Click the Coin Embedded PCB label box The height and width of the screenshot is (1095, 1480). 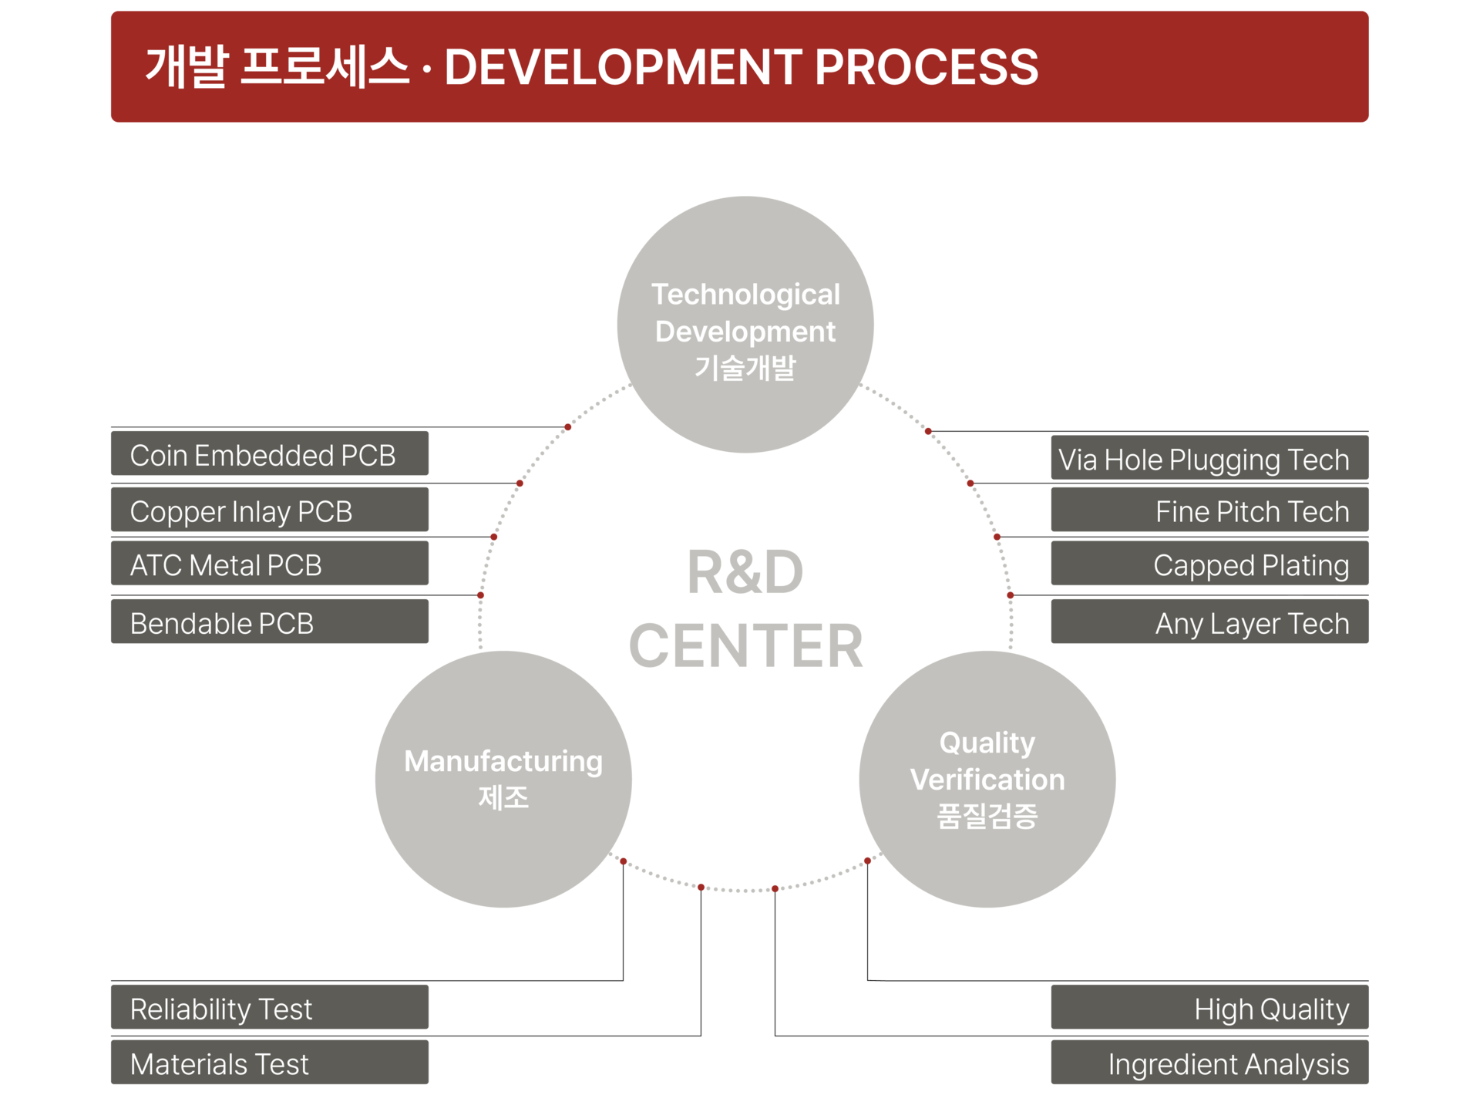(x=270, y=453)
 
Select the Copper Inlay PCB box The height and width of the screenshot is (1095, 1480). (x=270, y=510)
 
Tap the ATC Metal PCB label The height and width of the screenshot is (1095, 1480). (x=270, y=564)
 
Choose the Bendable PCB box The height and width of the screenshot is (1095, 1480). (x=270, y=622)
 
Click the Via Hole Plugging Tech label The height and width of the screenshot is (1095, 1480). (x=1209, y=458)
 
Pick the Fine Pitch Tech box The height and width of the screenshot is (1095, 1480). (x=1209, y=510)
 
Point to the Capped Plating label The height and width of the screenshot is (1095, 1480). (x=1209, y=564)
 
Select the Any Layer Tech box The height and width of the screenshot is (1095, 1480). (x=1209, y=622)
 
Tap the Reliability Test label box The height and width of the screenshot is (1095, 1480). (x=270, y=1007)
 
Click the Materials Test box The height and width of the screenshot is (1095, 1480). (x=270, y=1063)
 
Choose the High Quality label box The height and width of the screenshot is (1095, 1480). (x=1209, y=1007)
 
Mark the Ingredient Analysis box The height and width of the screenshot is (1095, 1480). (x=1209, y=1063)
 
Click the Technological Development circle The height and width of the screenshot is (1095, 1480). (x=745, y=325)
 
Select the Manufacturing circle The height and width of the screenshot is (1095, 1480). (x=503, y=780)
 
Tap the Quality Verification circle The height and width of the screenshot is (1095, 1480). (x=987, y=780)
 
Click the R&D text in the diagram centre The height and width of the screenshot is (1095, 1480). (x=745, y=572)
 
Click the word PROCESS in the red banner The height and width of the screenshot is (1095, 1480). (x=927, y=67)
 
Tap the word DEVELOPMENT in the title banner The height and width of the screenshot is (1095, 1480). (x=623, y=67)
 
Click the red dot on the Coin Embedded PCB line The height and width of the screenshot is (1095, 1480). (x=568, y=427)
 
